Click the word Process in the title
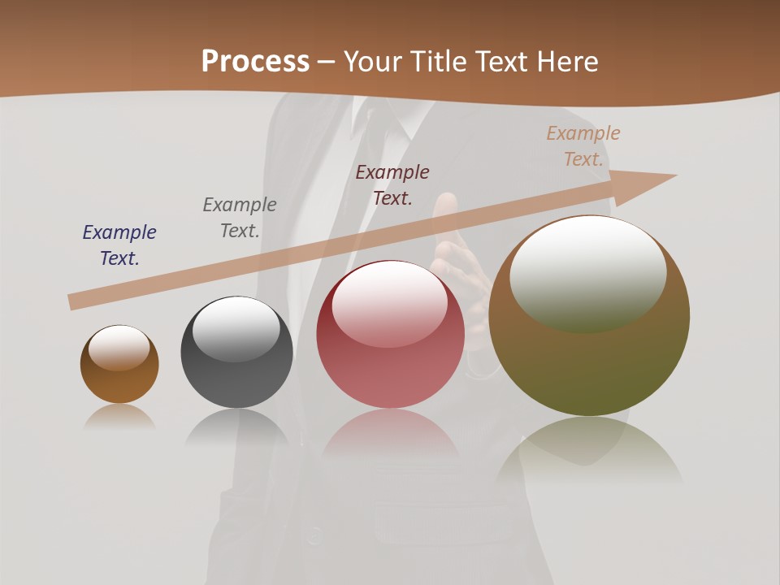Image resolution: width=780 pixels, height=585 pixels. tap(255, 62)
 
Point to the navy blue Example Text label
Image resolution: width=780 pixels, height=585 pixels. tap(119, 245)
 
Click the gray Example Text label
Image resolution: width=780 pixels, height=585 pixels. tap(240, 217)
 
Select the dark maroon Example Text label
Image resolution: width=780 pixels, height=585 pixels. tap(392, 184)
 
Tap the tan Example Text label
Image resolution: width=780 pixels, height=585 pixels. tap(583, 145)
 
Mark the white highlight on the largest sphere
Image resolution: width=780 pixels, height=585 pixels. tap(587, 272)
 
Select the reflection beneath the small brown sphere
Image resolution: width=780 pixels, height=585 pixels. tap(119, 416)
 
